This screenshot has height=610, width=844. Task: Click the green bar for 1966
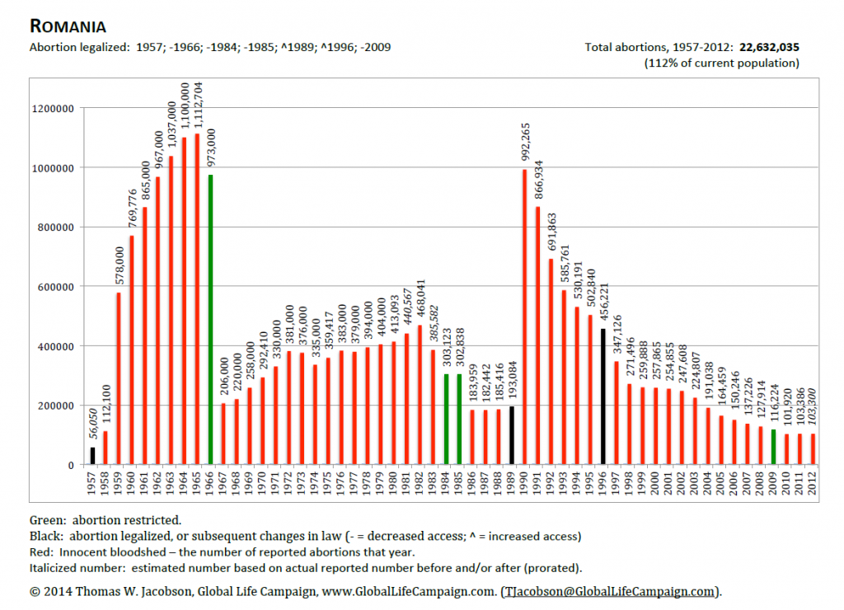pyautogui.click(x=210, y=319)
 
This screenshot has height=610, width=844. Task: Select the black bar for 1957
pyautogui.click(x=92, y=456)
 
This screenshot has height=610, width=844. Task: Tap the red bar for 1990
pyautogui.click(x=525, y=317)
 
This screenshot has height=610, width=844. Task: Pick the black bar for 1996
pyautogui.click(x=603, y=396)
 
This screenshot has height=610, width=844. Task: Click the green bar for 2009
pyautogui.click(x=773, y=447)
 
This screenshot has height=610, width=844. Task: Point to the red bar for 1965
pyautogui.click(x=197, y=298)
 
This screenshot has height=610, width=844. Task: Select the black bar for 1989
pyautogui.click(x=512, y=435)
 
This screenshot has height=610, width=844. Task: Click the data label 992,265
pyautogui.click(x=525, y=142)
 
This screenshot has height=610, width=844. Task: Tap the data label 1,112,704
pyautogui.click(x=198, y=105)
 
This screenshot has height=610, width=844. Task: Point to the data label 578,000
pyautogui.click(x=120, y=265)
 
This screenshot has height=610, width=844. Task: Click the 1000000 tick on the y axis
pyautogui.click(x=53, y=168)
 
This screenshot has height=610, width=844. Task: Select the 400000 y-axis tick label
pyautogui.click(x=56, y=347)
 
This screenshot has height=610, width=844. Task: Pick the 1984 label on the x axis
pyautogui.click(x=446, y=483)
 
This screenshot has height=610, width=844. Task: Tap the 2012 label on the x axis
pyautogui.click(x=813, y=483)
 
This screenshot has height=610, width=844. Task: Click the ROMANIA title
pyautogui.click(x=68, y=26)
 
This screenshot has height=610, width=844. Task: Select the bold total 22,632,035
pyautogui.click(x=769, y=47)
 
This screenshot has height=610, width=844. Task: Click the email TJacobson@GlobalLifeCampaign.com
pyautogui.click(x=610, y=591)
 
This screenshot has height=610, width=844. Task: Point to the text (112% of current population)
pyautogui.click(x=721, y=63)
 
